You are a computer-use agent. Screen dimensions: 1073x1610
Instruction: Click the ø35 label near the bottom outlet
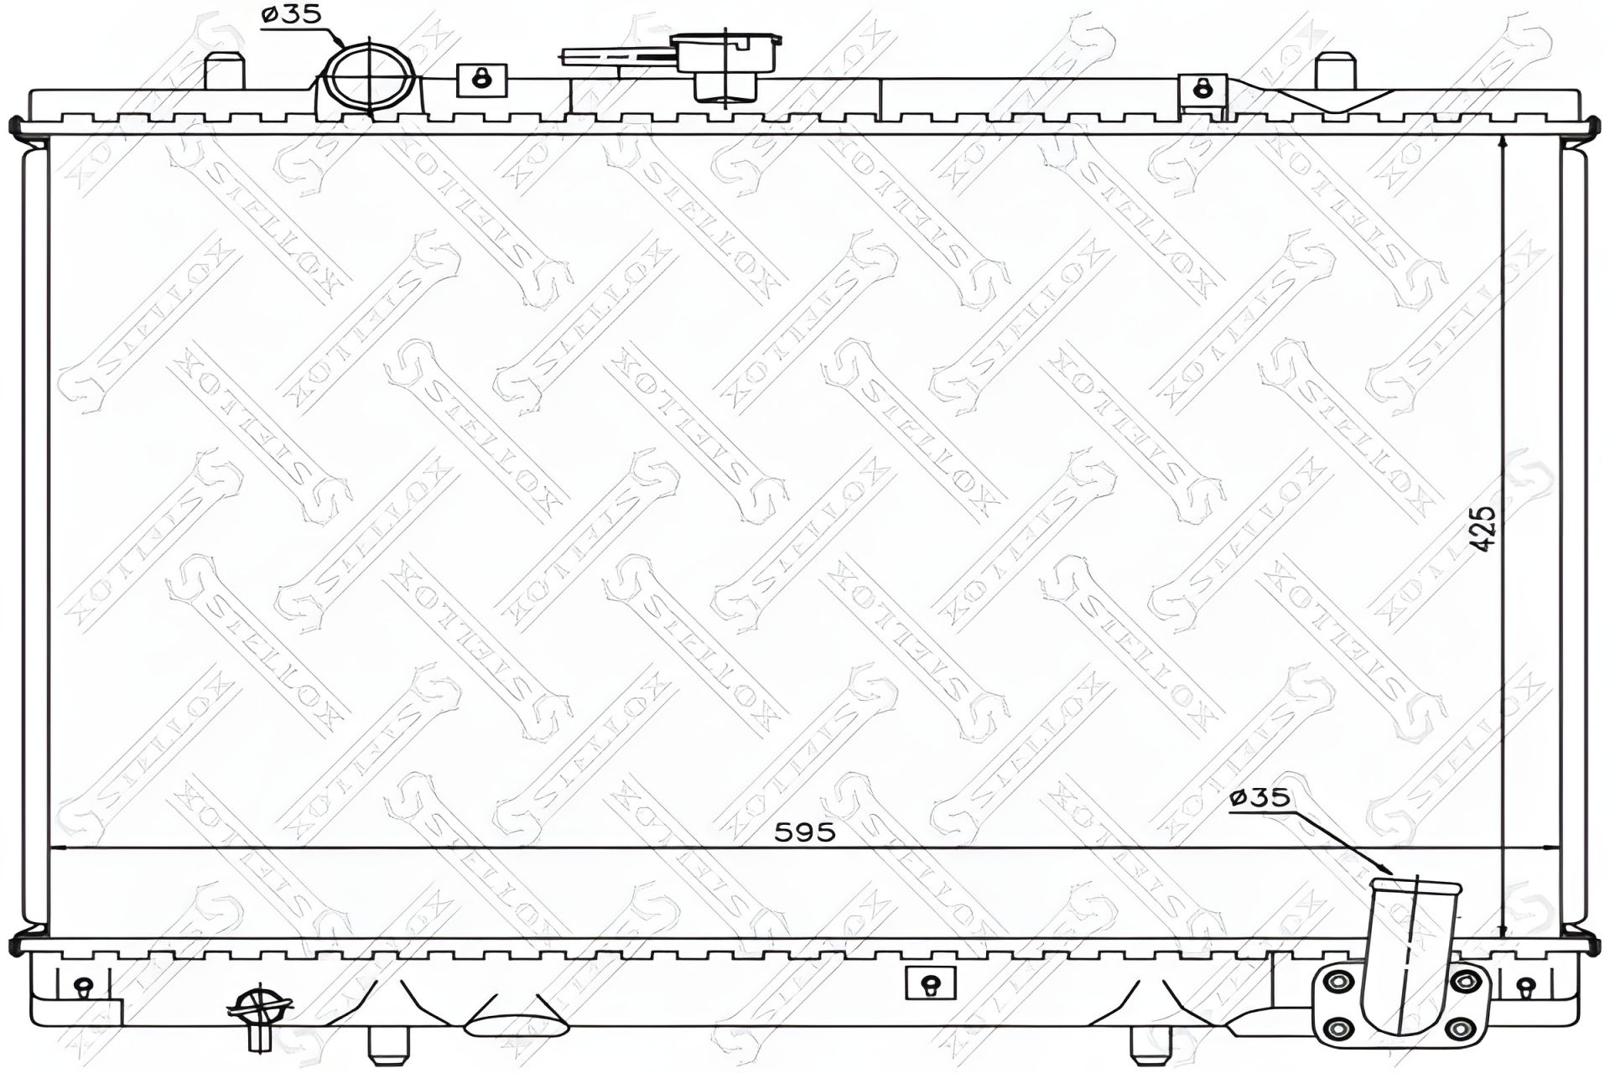click(x=1259, y=797)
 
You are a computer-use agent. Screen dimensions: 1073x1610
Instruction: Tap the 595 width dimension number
click(x=804, y=832)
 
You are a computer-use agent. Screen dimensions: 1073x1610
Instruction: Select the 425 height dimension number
click(x=1483, y=528)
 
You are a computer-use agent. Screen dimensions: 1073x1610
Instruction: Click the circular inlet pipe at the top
click(x=369, y=76)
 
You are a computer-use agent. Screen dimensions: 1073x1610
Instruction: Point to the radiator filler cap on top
click(x=726, y=62)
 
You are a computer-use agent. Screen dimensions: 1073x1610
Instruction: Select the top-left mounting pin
click(x=224, y=70)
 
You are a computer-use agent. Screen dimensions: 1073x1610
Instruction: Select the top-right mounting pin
click(x=1335, y=70)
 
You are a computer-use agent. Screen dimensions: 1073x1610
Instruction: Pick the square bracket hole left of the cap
click(x=481, y=80)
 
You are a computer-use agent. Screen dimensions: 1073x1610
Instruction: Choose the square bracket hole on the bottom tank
click(x=930, y=983)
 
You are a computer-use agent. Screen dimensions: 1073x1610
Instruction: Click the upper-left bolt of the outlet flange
click(x=1340, y=982)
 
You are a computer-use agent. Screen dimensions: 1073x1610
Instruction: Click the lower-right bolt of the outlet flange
click(x=1461, y=1028)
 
